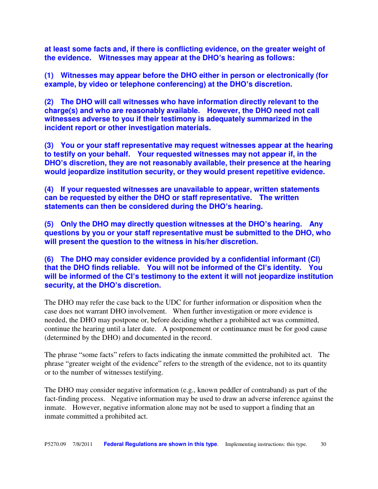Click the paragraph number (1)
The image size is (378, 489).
pyautogui.click(x=50, y=75)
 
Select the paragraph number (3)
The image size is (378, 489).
pyautogui.click(x=50, y=145)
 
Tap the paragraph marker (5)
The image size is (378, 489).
pyautogui.click(x=50, y=224)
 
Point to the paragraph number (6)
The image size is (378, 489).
pyautogui.click(x=50, y=259)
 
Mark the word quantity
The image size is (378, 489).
pyautogui.click(x=313, y=364)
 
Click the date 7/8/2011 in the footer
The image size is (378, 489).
pyautogui.click(x=82, y=444)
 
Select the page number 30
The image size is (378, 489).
pyautogui.click(x=323, y=444)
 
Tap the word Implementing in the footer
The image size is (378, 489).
pyautogui.click(x=242, y=444)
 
